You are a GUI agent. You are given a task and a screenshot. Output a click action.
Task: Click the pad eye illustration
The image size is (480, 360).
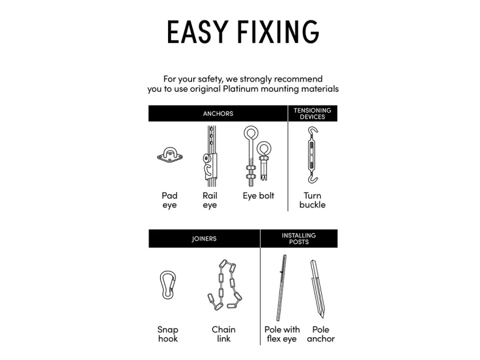click(170, 155)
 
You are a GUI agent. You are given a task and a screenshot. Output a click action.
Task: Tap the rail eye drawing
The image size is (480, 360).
click(210, 156)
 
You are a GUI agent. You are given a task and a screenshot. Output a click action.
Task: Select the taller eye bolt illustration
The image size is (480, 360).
click(251, 156)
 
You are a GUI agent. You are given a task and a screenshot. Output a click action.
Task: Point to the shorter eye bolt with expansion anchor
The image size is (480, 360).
click(263, 161)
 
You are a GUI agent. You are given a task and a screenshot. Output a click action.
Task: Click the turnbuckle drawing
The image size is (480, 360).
click(312, 155)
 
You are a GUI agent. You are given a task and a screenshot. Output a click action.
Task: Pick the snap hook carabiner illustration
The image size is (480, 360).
click(168, 285)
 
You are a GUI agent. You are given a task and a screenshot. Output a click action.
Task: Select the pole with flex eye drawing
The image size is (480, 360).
click(281, 288)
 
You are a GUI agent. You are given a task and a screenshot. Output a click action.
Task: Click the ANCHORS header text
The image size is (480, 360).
click(218, 114)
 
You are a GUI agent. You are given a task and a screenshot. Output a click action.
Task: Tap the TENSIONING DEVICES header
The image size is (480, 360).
click(313, 114)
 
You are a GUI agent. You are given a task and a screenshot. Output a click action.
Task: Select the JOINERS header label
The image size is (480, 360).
click(204, 239)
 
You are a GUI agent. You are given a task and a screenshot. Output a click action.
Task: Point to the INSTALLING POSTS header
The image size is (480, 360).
click(299, 239)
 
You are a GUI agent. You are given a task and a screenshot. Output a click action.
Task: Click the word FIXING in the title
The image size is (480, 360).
click(278, 31)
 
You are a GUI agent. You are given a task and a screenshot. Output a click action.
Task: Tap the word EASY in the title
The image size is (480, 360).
click(198, 31)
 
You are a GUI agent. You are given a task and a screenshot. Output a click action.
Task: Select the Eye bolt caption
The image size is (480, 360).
click(258, 196)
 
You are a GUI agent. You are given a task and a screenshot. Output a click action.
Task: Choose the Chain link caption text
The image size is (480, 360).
click(224, 334)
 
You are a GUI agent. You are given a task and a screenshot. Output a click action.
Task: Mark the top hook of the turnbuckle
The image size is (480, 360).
click(313, 132)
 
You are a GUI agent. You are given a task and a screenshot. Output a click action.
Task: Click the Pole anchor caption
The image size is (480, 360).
click(321, 334)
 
